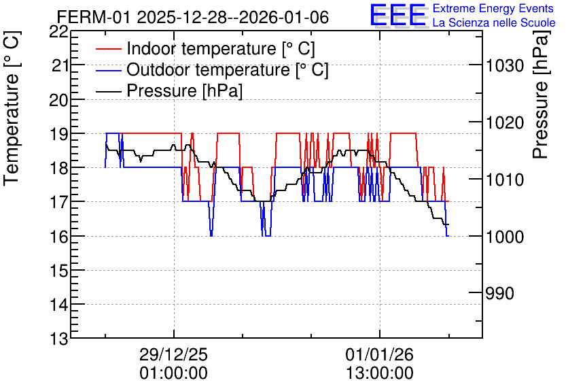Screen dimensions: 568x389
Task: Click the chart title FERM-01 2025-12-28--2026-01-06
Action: pyautogui.click(x=193, y=17)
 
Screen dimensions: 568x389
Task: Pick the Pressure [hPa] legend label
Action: pyautogui.click(x=184, y=90)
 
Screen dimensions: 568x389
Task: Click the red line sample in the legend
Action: pyautogui.click(x=108, y=49)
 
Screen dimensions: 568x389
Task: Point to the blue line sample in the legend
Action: pyautogui.click(x=108, y=70)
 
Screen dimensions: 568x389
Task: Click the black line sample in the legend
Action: pyautogui.click(x=108, y=91)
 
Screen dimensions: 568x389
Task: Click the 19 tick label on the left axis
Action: pyautogui.click(x=58, y=134)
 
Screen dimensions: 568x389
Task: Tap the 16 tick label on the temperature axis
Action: pyautogui.click(x=58, y=237)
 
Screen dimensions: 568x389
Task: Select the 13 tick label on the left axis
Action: pyautogui.click(x=58, y=339)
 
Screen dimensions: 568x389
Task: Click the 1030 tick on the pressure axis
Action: pyautogui.click(x=505, y=65)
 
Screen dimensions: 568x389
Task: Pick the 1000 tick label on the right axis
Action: pyautogui.click(x=505, y=237)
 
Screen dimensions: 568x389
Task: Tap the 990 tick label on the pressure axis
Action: pyautogui.click(x=499, y=293)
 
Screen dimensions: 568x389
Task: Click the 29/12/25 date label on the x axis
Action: pyautogui.click(x=174, y=354)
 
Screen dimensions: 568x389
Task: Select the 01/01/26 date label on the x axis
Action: pyautogui.click(x=379, y=354)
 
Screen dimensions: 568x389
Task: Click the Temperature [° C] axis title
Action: pyautogui.click(x=12, y=109)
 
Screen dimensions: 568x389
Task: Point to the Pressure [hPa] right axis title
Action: pyautogui.click(x=542, y=95)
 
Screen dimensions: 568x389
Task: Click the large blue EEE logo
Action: pyautogui.click(x=397, y=15)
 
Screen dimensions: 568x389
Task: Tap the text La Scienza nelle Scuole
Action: pyautogui.click(x=494, y=23)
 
